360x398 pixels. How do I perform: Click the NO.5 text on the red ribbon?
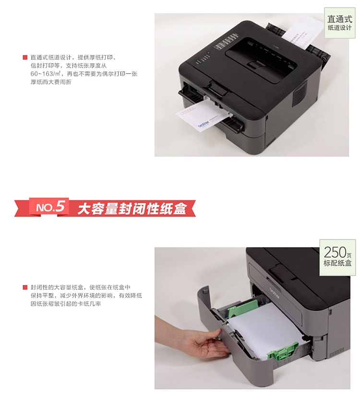50,207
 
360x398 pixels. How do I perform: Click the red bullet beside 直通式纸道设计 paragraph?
25,58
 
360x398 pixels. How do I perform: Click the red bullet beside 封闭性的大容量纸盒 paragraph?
25,287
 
